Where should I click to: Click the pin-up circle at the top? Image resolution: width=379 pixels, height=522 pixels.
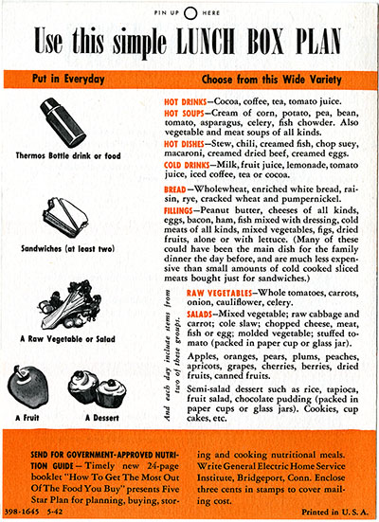click(x=189, y=12)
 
